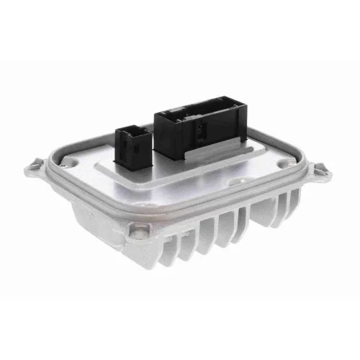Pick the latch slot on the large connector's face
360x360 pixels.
click(x=198, y=130)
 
